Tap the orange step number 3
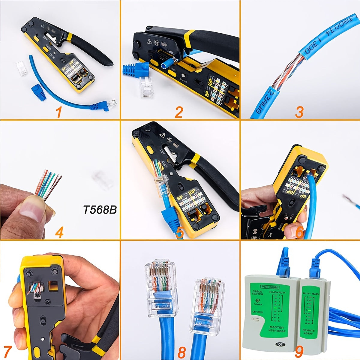coord(299,112)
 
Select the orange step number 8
coord(182,352)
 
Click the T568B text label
coord(100,210)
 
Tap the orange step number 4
coord(59,232)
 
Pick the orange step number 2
coord(179,112)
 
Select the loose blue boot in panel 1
coord(38,90)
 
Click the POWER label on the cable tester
coord(257,304)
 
